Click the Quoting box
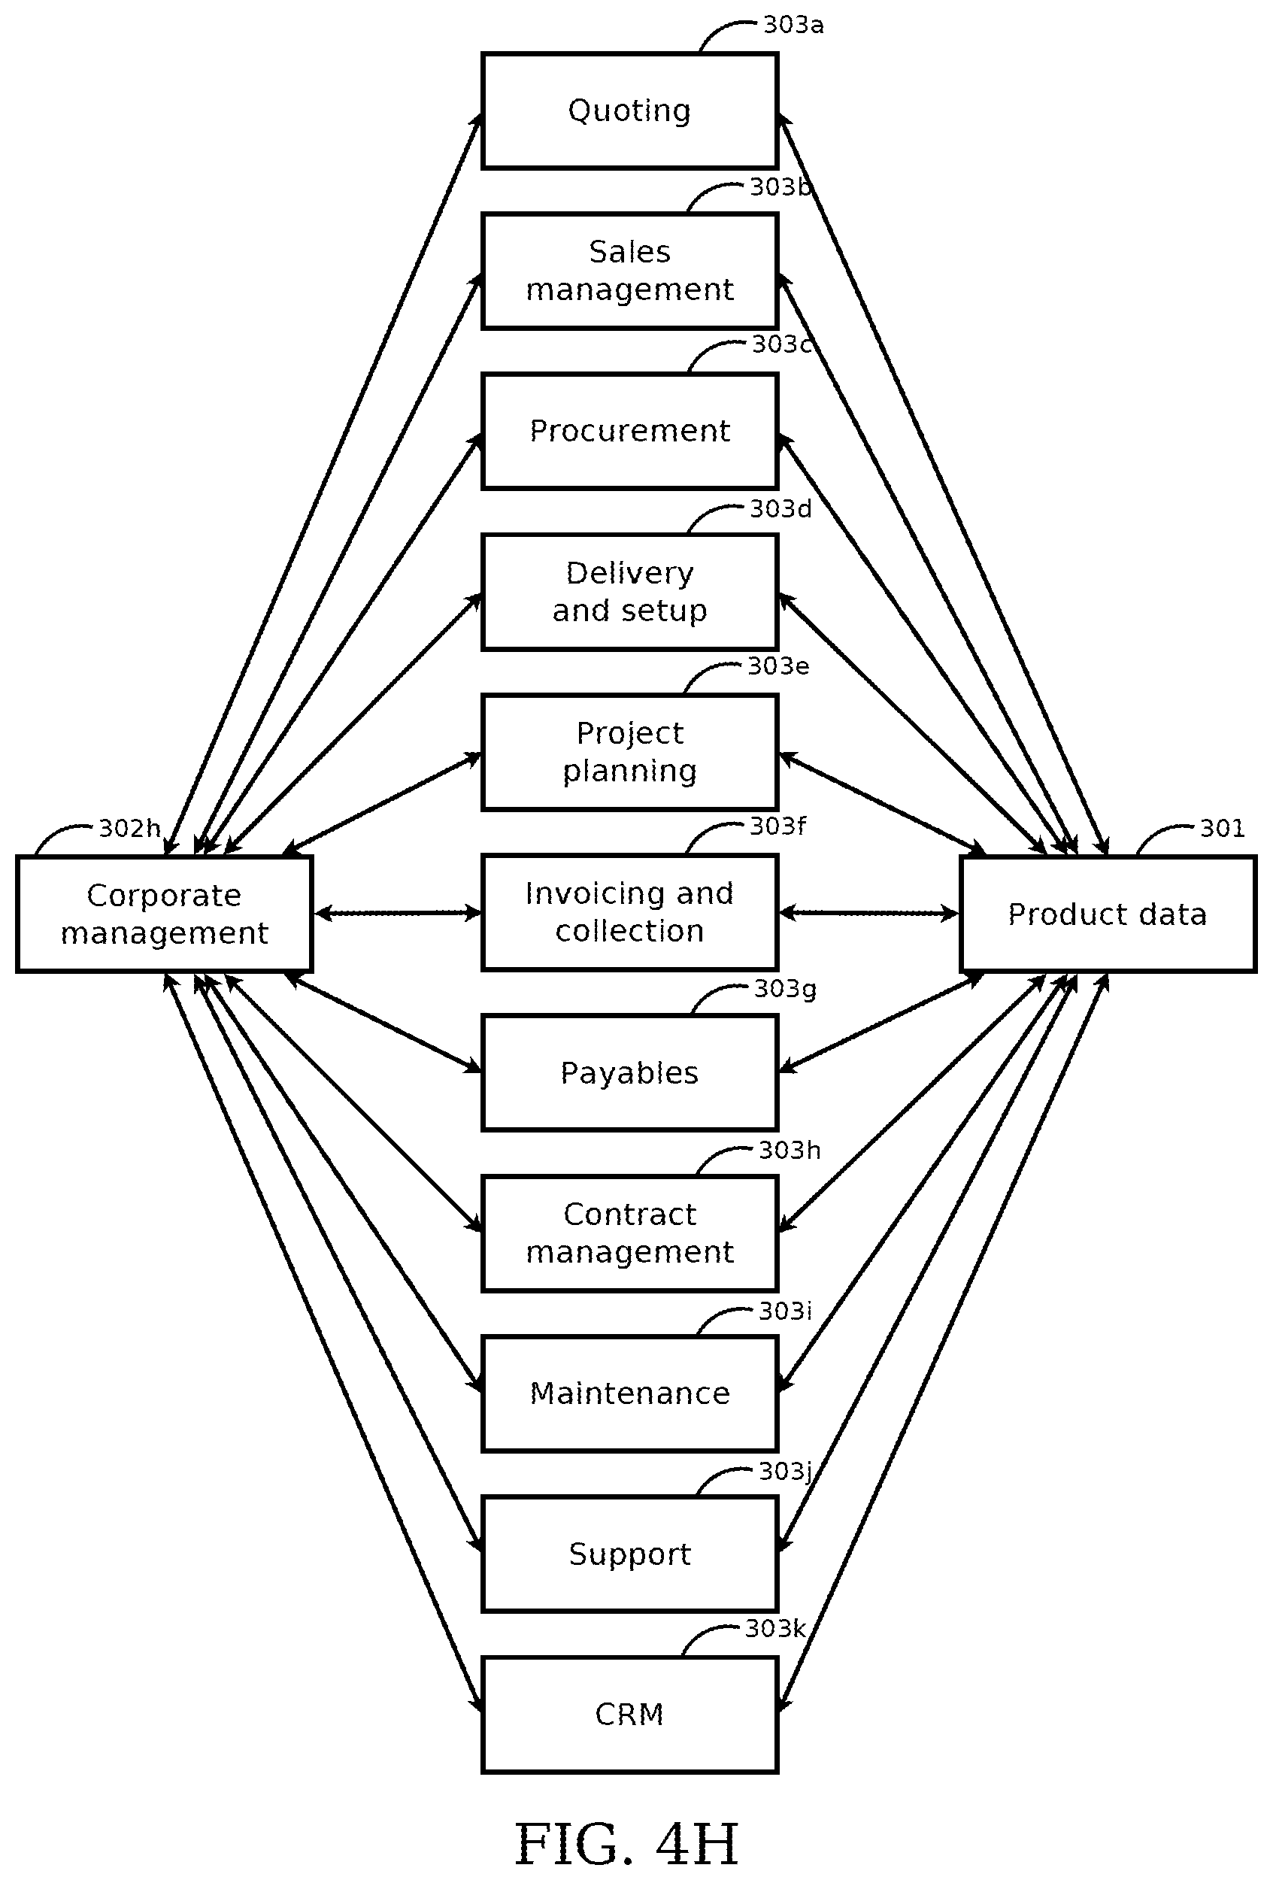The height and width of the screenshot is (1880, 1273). tap(629, 111)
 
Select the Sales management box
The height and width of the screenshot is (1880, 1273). tap(629, 271)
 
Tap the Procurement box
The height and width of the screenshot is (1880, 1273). tap(629, 431)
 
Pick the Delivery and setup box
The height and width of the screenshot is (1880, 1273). tap(629, 591)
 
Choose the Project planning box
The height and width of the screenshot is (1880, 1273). tap(629, 751)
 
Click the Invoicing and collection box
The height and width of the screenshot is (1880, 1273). tap(629, 912)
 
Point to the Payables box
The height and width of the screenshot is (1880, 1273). tap(629, 1072)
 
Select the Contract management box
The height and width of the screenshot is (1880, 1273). tap(629, 1233)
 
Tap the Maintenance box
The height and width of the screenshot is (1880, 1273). tap(629, 1393)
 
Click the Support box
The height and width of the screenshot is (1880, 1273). tap(629, 1553)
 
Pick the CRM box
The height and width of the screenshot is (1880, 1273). tap(629, 1713)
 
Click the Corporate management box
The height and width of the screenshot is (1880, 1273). tap(164, 914)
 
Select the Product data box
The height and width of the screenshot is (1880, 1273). tap(1108, 914)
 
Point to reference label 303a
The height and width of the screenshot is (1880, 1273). tap(793, 25)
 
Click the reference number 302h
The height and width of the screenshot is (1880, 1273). tap(129, 829)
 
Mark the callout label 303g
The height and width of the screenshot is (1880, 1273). tap(784, 989)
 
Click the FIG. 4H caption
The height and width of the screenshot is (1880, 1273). tap(627, 1844)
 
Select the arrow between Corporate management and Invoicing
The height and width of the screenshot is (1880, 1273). tap(397, 914)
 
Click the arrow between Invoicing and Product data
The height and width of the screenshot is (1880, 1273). tap(868, 914)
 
